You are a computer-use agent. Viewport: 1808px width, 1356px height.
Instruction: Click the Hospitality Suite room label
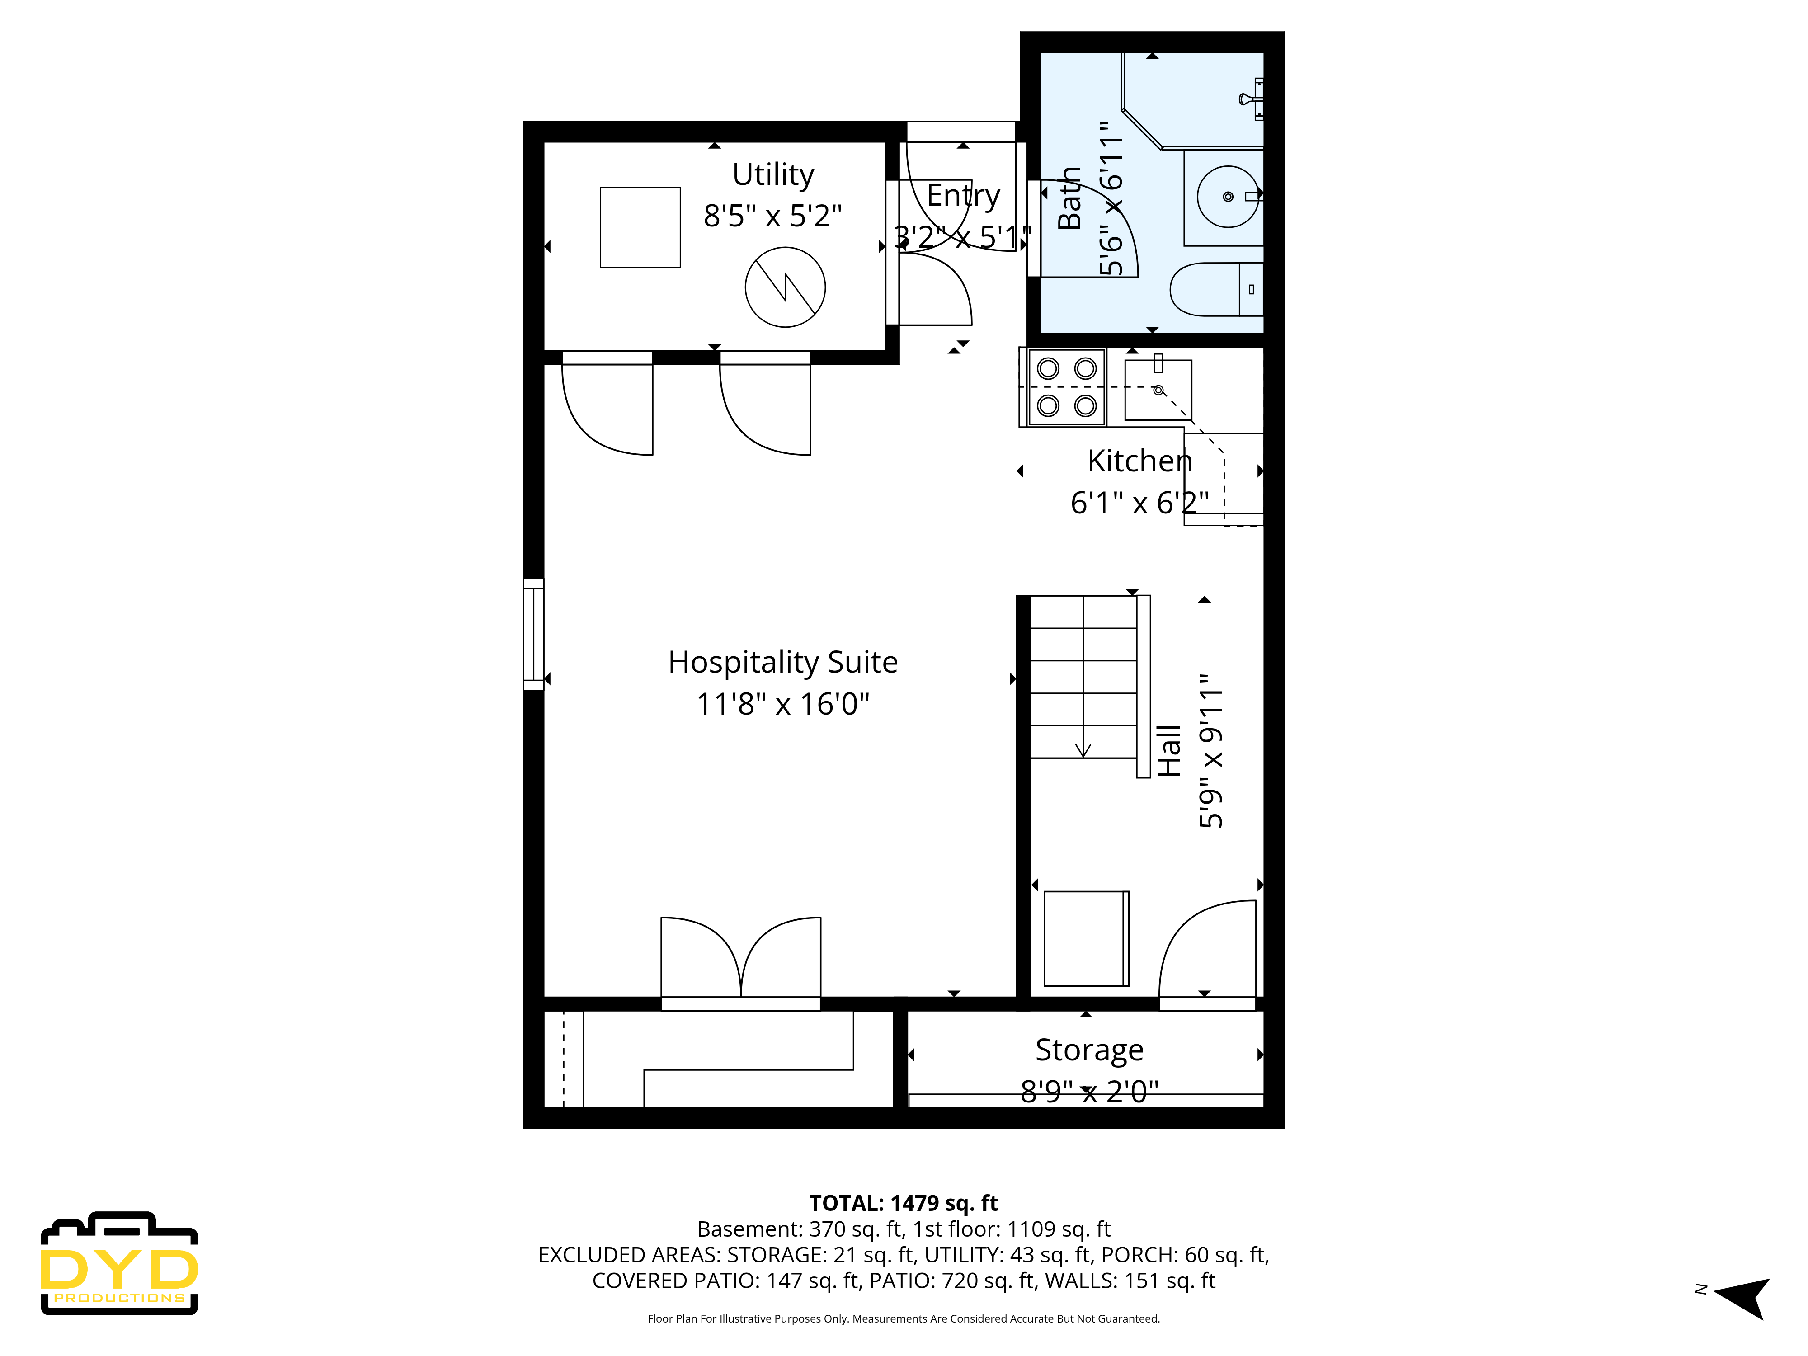[x=782, y=662]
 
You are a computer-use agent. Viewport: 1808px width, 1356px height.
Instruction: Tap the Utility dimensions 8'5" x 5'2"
[x=772, y=216]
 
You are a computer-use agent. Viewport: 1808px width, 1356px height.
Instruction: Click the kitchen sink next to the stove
[x=1158, y=390]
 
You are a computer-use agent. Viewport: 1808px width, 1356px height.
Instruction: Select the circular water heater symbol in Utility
[x=785, y=287]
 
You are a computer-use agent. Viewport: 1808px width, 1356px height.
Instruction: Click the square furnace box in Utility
[x=640, y=227]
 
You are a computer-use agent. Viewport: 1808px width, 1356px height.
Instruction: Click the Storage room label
[x=1089, y=1050]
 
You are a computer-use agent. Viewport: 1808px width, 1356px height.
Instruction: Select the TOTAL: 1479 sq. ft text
[x=903, y=1203]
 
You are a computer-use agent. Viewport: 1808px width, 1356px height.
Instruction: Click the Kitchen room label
[x=1139, y=461]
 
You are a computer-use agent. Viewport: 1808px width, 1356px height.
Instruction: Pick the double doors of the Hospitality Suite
[x=740, y=960]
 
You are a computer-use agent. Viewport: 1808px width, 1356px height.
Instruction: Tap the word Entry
[x=963, y=195]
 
